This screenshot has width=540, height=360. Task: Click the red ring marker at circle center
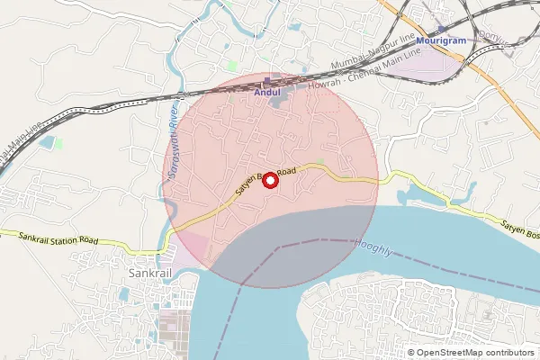tap(271, 179)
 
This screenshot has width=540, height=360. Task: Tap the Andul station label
tap(269, 92)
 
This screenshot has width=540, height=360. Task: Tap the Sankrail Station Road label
tap(58, 238)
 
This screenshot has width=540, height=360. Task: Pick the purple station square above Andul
tap(267, 80)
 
